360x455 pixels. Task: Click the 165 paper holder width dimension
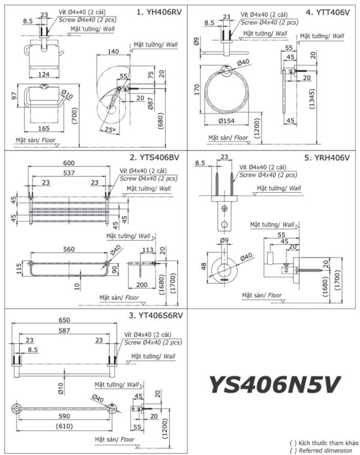click(x=45, y=128)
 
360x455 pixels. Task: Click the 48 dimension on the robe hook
click(x=203, y=266)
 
